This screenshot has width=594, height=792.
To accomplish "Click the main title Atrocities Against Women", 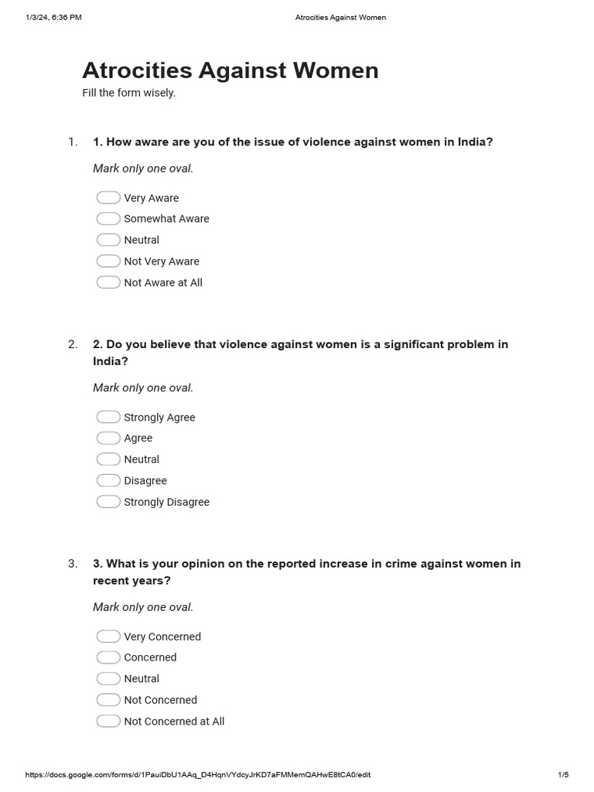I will click(x=230, y=70).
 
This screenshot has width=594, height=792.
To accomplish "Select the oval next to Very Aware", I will click(x=108, y=198).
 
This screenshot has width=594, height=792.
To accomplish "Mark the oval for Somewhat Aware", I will click(x=108, y=219).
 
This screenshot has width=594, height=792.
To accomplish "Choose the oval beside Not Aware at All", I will click(x=108, y=282).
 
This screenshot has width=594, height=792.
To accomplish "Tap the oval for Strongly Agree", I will click(x=108, y=417).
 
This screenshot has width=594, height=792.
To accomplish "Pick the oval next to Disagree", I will click(x=108, y=480).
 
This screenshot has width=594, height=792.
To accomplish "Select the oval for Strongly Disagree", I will click(x=108, y=502).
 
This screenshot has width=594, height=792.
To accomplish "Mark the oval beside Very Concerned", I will click(x=108, y=637).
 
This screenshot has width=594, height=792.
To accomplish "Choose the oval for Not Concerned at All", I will click(x=108, y=721).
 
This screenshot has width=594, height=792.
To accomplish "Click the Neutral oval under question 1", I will click(x=108, y=240).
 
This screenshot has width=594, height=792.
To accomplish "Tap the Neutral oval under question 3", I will click(x=108, y=678).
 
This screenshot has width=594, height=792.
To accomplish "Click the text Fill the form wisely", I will click(x=129, y=93).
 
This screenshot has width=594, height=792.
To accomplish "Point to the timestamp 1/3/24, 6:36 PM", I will click(x=53, y=18).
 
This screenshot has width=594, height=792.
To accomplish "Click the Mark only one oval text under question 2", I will click(x=143, y=387).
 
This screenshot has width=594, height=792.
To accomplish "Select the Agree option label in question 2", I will click(x=138, y=438).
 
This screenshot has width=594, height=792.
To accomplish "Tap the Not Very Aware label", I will click(x=162, y=261).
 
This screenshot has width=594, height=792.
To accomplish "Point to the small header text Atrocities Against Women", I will click(x=340, y=18).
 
